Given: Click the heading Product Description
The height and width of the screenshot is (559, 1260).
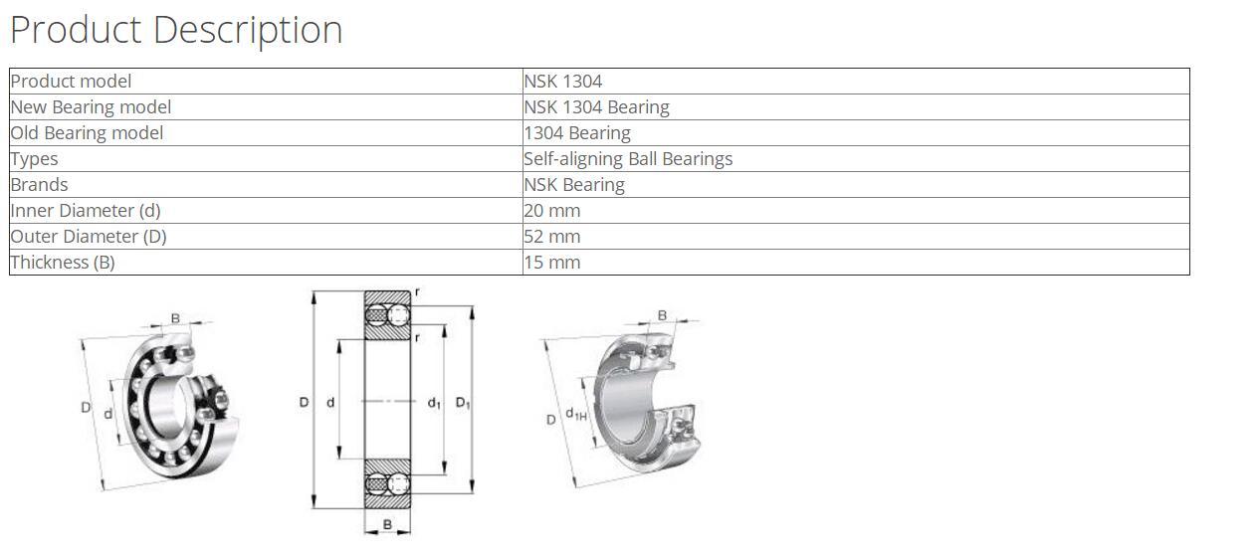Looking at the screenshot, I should point(176,30).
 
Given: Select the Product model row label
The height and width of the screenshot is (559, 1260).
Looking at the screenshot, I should point(71,82).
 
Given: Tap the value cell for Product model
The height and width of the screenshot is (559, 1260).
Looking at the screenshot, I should point(562,82).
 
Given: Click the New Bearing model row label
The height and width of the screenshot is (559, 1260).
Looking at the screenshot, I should point(91,107).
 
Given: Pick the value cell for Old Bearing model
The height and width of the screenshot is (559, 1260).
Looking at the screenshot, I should point(577,133).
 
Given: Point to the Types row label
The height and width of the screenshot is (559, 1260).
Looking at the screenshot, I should point(34,159).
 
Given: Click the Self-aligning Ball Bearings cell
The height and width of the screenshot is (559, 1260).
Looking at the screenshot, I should point(628,159).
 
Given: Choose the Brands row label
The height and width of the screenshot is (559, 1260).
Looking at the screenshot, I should point(39,185).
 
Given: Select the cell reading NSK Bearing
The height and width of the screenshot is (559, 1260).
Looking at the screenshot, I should point(574,185).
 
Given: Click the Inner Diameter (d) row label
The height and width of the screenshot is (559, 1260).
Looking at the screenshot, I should point(85,211).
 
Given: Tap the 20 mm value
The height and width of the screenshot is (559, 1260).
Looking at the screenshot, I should point(551,211).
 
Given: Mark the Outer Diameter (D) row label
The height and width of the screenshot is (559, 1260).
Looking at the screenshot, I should point(89,237).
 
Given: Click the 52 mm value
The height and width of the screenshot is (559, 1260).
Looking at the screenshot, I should point(551,237).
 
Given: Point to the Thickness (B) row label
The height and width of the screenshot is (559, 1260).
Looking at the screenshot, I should point(63,263).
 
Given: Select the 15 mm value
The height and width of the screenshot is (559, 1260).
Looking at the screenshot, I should point(551,263).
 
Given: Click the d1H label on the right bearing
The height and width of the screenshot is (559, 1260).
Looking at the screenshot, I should point(575,415).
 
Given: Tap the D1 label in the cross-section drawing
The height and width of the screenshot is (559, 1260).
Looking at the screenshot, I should point(463,403).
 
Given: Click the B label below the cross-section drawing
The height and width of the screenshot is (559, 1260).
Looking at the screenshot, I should point(387,524).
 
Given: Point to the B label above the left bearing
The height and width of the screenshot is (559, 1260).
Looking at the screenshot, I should point(175,318).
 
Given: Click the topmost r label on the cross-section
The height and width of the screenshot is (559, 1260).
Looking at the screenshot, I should point(417,292).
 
